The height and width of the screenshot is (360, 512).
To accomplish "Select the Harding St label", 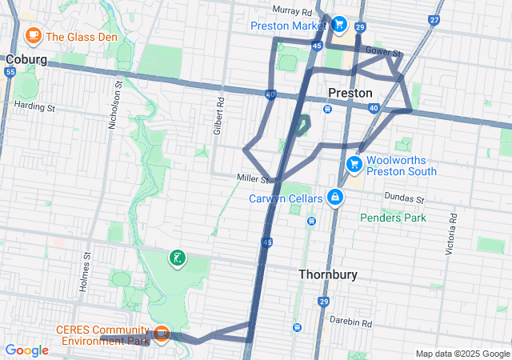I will click(x=34, y=106).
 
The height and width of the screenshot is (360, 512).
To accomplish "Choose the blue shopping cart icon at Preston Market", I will click(x=339, y=24).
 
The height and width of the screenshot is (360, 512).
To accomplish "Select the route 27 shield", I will click(x=434, y=20).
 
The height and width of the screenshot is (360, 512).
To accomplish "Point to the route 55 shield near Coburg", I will click(x=10, y=72).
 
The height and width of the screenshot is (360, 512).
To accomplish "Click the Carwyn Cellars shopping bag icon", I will click(x=335, y=198).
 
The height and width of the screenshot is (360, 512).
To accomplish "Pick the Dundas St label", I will click(x=405, y=198).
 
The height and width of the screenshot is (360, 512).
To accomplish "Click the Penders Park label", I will click(x=393, y=218).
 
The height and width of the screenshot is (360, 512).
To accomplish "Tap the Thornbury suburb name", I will click(x=327, y=274).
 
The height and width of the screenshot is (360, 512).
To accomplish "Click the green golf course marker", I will click(x=177, y=258).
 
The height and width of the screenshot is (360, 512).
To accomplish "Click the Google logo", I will click(x=27, y=350).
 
